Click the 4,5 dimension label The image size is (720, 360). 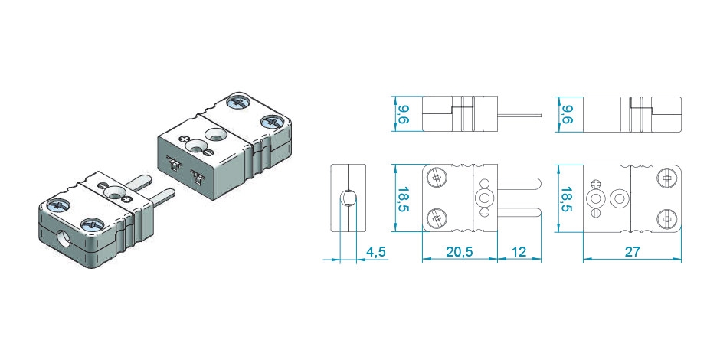[375, 252]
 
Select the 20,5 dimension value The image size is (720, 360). [459, 252]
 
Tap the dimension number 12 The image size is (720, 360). [518, 252]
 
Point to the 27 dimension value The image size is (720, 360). [632, 252]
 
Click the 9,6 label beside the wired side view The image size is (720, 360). [403, 114]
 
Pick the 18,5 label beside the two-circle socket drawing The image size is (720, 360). [566, 199]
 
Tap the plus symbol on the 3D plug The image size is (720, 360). [126, 199]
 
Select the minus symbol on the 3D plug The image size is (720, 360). [101, 185]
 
